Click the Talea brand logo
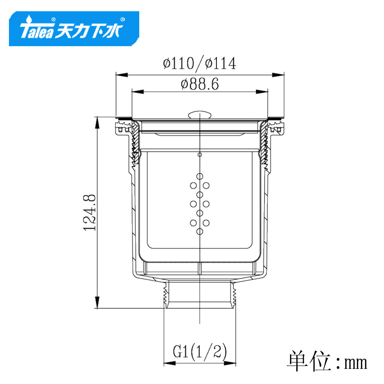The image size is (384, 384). [x=74, y=28]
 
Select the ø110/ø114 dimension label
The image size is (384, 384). [x=200, y=64]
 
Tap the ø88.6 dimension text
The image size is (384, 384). [x=200, y=84]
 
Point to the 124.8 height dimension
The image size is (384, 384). [x=89, y=213]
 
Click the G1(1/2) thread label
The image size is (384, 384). [x=200, y=352]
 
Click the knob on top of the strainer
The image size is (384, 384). [x=200, y=115]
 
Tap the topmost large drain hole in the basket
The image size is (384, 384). [x=200, y=176]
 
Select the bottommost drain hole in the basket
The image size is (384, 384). [x=200, y=232]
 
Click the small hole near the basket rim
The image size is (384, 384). [x=200, y=155]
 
